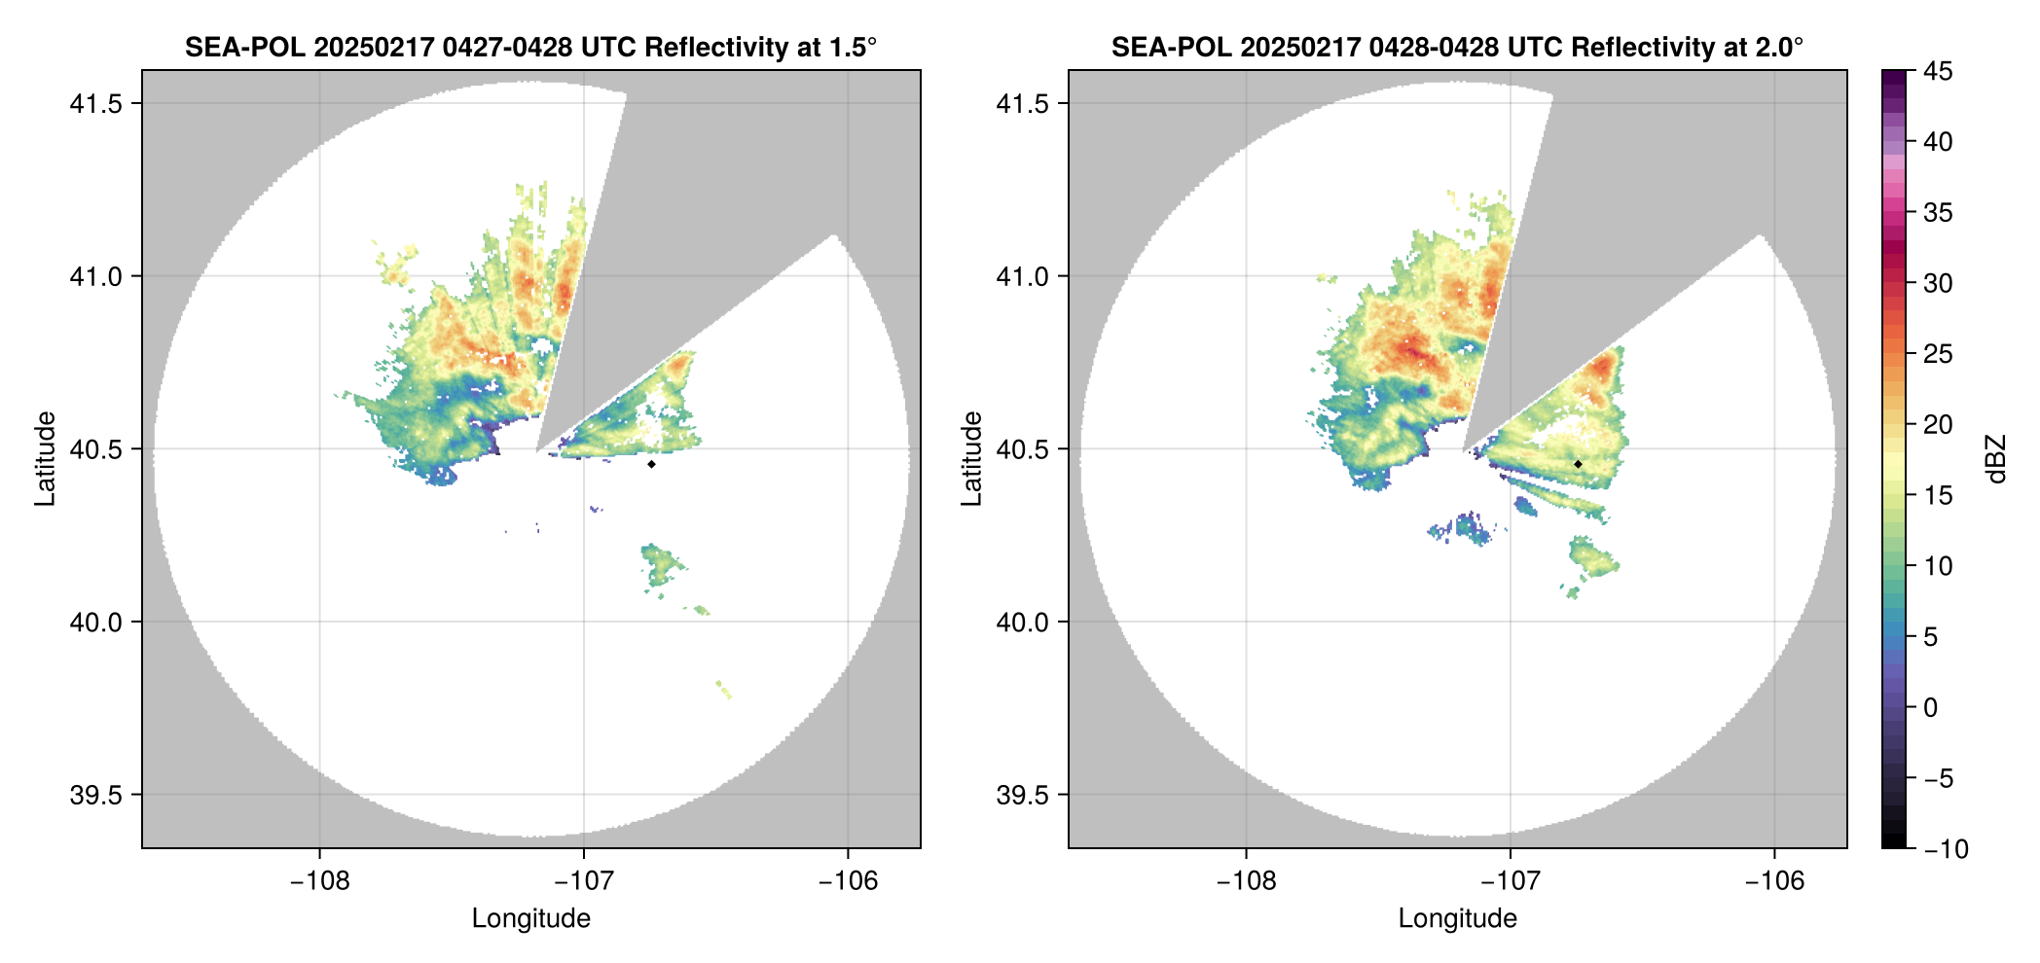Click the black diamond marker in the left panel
[x=651, y=464]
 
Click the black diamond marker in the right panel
[x=1578, y=464]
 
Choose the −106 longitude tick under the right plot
[x=1774, y=880]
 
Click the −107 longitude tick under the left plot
[x=584, y=880]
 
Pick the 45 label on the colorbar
[x=1938, y=71]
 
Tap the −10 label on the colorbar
[x=1946, y=849]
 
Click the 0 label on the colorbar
[x=1931, y=707]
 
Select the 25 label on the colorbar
[x=1938, y=354]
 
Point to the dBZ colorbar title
[x=1997, y=459]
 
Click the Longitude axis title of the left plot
[x=531, y=918]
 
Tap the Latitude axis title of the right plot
[x=971, y=459]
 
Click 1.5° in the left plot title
[x=854, y=47]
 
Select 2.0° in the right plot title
[x=1780, y=47]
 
